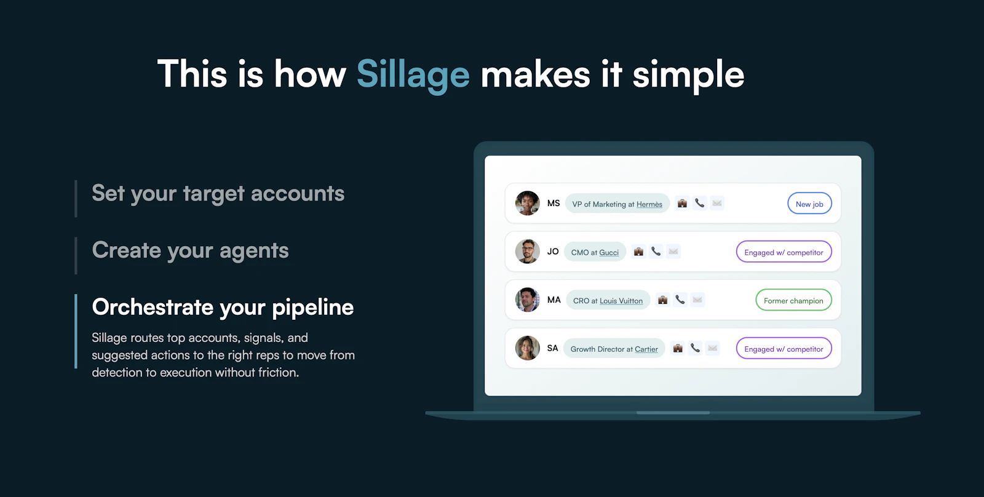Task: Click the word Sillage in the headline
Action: (x=413, y=74)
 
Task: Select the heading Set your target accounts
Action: (x=218, y=194)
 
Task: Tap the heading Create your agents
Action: (x=190, y=250)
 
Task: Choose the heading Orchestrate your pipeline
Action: (x=223, y=307)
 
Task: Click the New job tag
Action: (x=809, y=204)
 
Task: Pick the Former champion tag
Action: (x=793, y=301)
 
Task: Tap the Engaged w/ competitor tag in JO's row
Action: (x=784, y=252)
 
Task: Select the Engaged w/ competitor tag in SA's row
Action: (x=784, y=349)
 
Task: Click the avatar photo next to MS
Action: (x=527, y=203)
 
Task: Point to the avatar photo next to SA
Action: (x=527, y=348)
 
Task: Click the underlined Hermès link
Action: (x=649, y=204)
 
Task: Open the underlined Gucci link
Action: (x=609, y=252)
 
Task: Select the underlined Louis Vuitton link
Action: (x=621, y=301)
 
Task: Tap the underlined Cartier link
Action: (x=646, y=349)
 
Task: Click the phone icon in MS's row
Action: (x=700, y=202)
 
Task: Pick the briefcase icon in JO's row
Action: (x=638, y=251)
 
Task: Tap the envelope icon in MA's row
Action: (x=697, y=300)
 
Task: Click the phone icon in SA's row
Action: (x=695, y=348)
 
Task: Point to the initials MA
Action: (x=554, y=300)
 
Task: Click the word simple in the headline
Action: (x=688, y=74)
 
